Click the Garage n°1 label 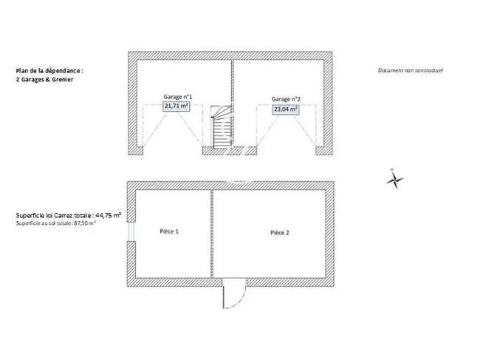178,97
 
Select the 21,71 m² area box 176,106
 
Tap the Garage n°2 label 286,99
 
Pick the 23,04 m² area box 286,109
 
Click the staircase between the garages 222,127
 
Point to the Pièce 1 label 169,231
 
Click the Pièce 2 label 279,233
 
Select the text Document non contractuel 410,70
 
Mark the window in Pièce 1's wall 131,231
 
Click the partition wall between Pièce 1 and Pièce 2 212,234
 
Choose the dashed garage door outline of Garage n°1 173,126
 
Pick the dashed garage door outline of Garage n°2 287,126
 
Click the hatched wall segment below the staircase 230,151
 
